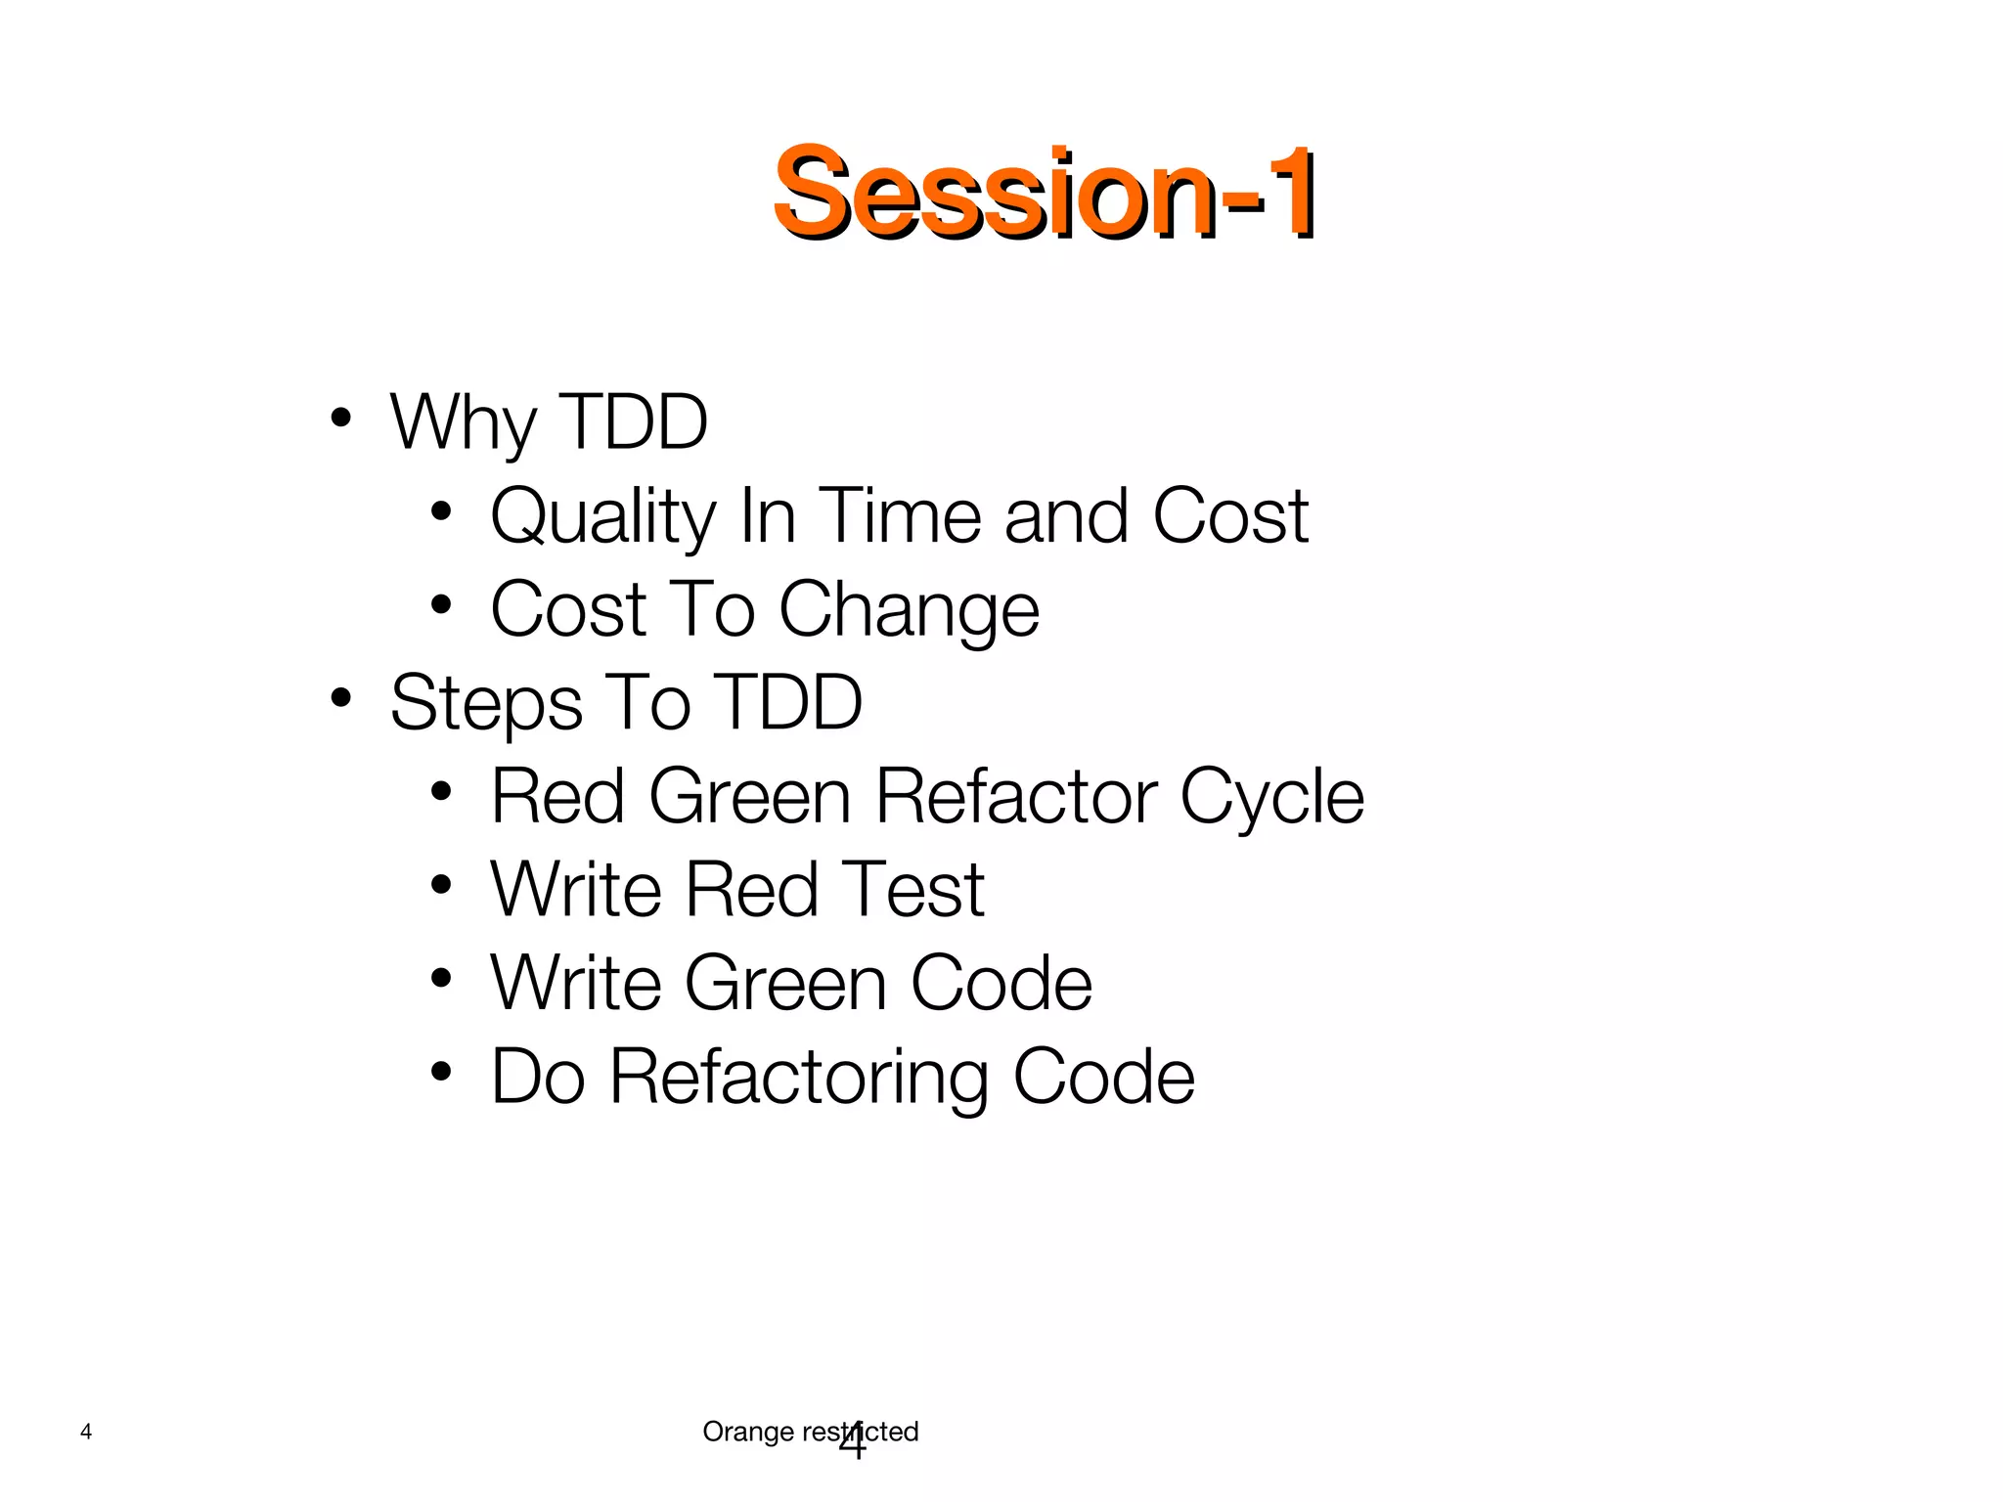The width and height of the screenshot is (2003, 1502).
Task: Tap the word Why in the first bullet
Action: click(x=463, y=422)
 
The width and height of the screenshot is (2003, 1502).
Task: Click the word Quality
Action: click(x=603, y=516)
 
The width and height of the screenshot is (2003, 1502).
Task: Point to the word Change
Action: click(x=909, y=610)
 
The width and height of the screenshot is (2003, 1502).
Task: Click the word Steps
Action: click(x=485, y=703)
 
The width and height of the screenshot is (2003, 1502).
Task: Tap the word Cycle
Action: click(x=1271, y=797)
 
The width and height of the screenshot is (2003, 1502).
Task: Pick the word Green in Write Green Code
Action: click(x=785, y=984)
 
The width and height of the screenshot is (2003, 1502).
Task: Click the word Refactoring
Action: click(x=799, y=1078)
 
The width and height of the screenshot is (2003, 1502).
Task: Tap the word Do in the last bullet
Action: click(x=538, y=1078)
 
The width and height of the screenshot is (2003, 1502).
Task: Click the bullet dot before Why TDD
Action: click(x=340, y=419)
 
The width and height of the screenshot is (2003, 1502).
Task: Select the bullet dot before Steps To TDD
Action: click(x=340, y=698)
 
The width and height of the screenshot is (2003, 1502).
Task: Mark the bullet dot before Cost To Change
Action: click(x=441, y=605)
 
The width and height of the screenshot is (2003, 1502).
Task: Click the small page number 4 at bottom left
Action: click(x=86, y=1433)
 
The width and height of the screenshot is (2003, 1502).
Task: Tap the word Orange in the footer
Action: click(x=748, y=1433)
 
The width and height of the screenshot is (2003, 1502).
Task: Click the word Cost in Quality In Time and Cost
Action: click(x=1230, y=515)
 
